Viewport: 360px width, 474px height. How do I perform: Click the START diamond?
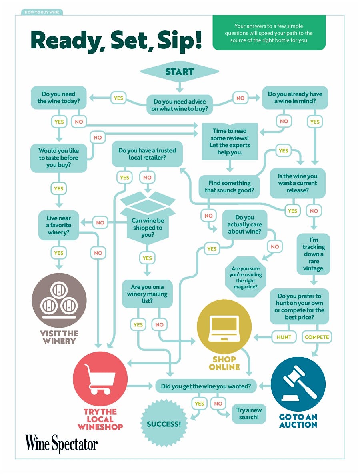coord(180,72)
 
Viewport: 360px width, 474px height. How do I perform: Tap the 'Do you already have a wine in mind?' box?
coord(295,98)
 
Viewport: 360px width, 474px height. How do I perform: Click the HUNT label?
coord(284,337)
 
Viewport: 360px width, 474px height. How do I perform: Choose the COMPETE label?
coord(317,337)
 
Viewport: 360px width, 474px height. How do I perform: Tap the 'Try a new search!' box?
coord(249,414)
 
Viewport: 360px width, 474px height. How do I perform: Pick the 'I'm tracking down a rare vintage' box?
coord(314,254)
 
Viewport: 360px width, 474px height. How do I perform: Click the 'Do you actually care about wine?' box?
coord(244,224)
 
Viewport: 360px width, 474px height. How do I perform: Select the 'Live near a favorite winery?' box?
coord(58,225)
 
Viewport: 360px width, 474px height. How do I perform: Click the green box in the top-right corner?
coord(268,33)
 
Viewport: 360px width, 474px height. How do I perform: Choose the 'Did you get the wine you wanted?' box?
coord(206,386)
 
